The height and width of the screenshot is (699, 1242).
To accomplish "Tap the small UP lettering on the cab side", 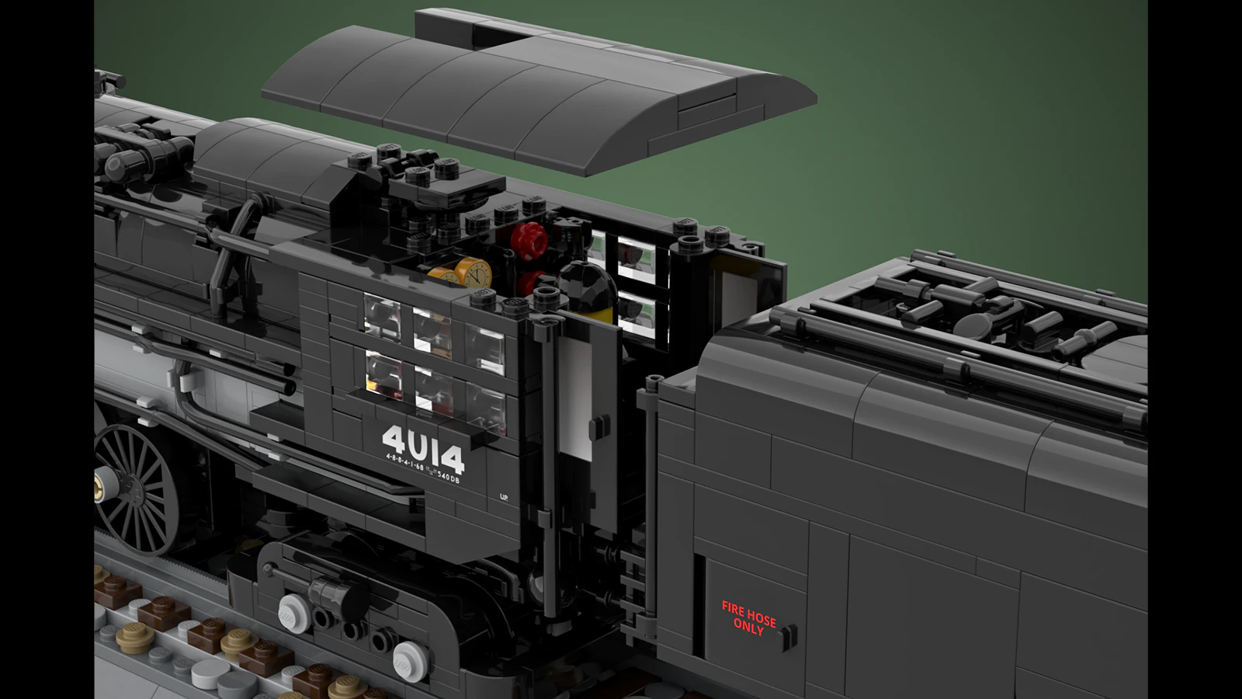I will point(504,497).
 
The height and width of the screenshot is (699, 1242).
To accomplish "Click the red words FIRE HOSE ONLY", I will point(748,617).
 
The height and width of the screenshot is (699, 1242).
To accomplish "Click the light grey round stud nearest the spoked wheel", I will point(293,613).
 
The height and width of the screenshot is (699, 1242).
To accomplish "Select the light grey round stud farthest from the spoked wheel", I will point(409,660).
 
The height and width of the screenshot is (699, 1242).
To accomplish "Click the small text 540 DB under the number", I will point(448,479).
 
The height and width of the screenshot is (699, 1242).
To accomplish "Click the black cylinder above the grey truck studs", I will point(338,595).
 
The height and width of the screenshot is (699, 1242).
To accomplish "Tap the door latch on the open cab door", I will point(598,428).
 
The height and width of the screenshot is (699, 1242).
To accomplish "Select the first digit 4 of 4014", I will point(394,440).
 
